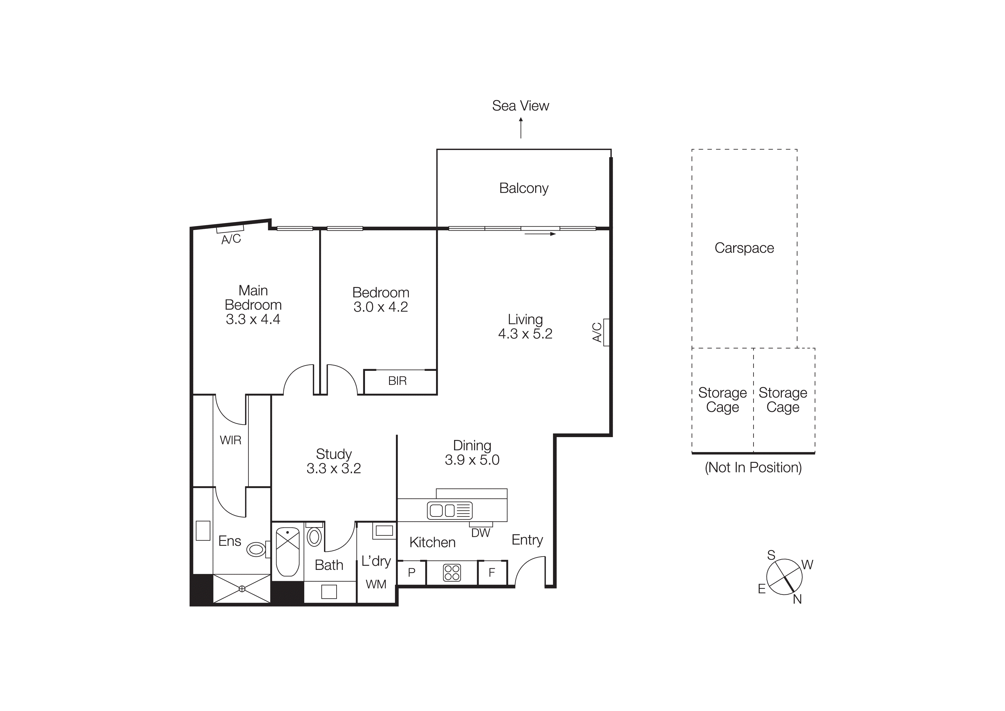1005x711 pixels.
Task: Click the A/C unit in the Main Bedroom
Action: (230, 228)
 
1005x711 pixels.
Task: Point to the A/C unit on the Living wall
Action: (606, 332)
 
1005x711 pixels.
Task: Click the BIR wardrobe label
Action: (397, 381)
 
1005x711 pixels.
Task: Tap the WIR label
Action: (230, 440)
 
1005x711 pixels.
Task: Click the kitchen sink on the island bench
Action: (449, 510)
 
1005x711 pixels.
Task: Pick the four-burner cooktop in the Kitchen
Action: (452, 572)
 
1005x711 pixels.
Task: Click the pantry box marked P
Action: (411, 572)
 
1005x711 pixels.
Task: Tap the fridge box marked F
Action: (492, 572)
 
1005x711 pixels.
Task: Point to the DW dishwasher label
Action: (481, 533)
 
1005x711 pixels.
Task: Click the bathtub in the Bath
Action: (288, 552)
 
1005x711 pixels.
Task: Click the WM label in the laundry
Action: (376, 584)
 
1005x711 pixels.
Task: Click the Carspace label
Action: (744, 248)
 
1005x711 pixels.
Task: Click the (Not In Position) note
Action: (753, 467)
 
